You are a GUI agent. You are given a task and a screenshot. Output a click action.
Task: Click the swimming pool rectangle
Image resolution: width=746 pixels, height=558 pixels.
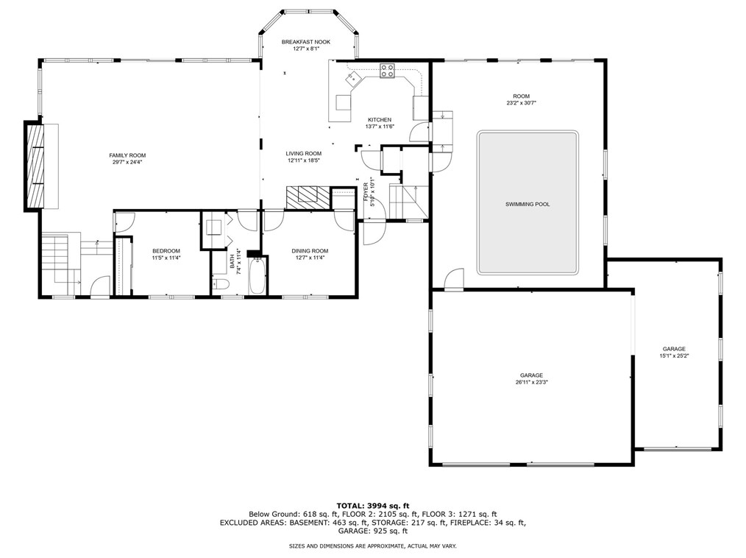(x=527, y=203)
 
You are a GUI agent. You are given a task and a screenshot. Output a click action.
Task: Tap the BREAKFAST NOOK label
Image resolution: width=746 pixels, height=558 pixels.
(x=306, y=42)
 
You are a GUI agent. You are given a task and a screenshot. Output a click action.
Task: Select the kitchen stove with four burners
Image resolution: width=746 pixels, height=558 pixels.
(x=387, y=71)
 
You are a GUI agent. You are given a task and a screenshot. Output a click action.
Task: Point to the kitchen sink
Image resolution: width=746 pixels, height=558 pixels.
(x=354, y=77)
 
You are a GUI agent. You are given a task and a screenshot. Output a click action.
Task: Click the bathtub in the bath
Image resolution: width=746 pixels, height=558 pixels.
(x=258, y=275)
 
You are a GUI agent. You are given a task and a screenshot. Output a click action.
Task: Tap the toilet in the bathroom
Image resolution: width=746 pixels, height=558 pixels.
(x=221, y=285)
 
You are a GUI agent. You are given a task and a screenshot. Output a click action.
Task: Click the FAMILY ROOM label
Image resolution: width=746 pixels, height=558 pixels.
(x=127, y=155)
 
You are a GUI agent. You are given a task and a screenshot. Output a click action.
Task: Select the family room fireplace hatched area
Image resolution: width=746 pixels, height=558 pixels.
(x=35, y=166)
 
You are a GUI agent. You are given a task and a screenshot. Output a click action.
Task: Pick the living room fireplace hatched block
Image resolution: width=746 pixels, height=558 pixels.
(x=308, y=197)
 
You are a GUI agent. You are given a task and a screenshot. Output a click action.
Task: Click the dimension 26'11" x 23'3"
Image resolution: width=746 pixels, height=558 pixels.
(x=531, y=382)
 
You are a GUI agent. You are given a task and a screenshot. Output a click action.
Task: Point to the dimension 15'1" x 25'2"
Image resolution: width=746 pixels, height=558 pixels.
(x=674, y=356)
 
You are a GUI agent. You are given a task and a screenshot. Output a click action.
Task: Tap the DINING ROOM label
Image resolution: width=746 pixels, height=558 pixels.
(x=310, y=251)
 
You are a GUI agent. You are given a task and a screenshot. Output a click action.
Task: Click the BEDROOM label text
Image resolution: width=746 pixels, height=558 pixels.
(x=166, y=251)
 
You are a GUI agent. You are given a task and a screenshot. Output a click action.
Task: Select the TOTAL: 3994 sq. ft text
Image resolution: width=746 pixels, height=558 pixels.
(x=373, y=506)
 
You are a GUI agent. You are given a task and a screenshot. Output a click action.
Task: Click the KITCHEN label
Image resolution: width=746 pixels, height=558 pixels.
(x=380, y=120)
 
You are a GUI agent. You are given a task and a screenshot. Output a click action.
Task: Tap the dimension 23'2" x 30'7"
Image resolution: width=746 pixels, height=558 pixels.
(x=522, y=103)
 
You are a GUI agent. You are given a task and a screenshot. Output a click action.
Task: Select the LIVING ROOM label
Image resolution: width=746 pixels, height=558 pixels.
(x=304, y=153)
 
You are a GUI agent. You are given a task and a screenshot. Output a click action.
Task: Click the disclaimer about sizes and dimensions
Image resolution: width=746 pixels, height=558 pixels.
(x=373, y=546)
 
